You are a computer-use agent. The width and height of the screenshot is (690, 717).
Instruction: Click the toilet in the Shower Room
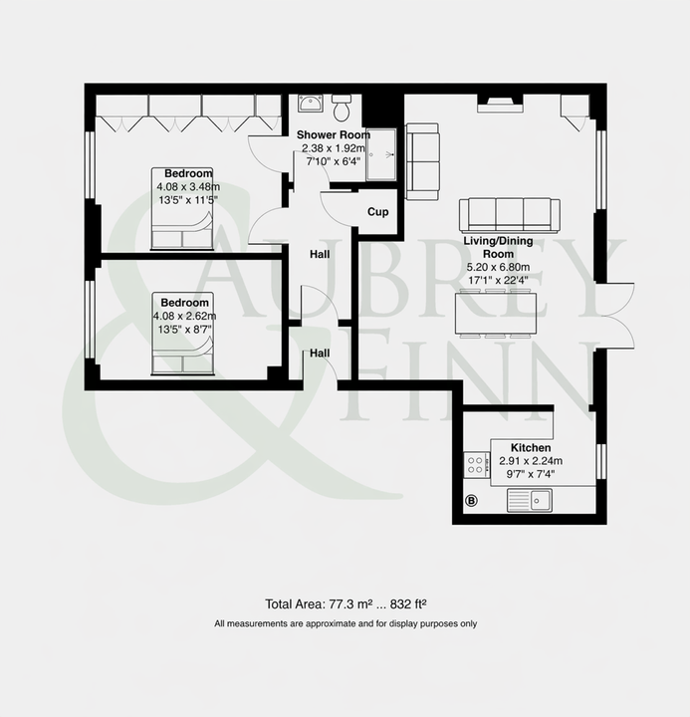tap(341, 108)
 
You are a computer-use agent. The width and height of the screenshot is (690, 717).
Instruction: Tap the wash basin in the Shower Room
tap(311, 104)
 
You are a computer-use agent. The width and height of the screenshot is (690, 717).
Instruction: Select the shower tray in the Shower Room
tap(380, 154)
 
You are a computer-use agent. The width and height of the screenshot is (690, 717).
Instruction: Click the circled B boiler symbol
tap(471, 501)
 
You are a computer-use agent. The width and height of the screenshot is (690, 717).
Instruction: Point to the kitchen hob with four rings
tap(477, 465)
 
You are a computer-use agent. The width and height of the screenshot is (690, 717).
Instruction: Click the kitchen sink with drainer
tap(530, 500)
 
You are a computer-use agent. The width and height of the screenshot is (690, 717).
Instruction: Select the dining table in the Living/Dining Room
tap(496, 314)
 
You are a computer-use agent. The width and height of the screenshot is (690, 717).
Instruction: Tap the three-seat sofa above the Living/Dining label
tap(510, 215)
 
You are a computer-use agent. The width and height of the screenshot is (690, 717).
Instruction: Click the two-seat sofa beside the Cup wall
tap(422, 161)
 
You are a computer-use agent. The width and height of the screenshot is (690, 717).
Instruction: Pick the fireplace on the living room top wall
tap(500, 105)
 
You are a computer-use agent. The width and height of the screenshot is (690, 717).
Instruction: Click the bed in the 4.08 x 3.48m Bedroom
tap(182, 208)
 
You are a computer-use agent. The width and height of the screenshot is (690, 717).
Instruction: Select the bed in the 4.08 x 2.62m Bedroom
tap(183, 334)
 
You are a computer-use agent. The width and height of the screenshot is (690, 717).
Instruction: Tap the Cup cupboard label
tap(378, 212)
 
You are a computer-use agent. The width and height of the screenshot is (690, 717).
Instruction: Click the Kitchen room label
tap(531, 448)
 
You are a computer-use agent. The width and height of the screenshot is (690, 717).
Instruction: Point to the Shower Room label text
tap(334, 134)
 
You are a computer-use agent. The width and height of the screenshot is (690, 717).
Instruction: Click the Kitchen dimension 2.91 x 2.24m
tap(531, 461)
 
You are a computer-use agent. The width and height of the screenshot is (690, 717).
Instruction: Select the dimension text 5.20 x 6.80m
tap(498, 267)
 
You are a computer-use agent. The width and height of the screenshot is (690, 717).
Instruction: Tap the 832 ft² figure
tap(408, 604)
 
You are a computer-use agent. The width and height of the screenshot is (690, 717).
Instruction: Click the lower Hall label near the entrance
tap(320, 353)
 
